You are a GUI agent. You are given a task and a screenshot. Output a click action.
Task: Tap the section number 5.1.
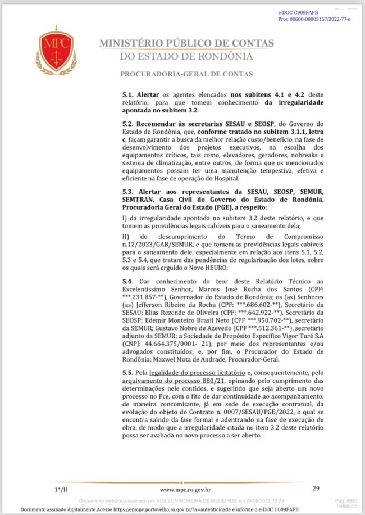point(127,94)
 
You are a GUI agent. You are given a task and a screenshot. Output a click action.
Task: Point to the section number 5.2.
point(127,123)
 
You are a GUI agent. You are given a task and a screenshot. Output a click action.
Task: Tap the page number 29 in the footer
point(316,489)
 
